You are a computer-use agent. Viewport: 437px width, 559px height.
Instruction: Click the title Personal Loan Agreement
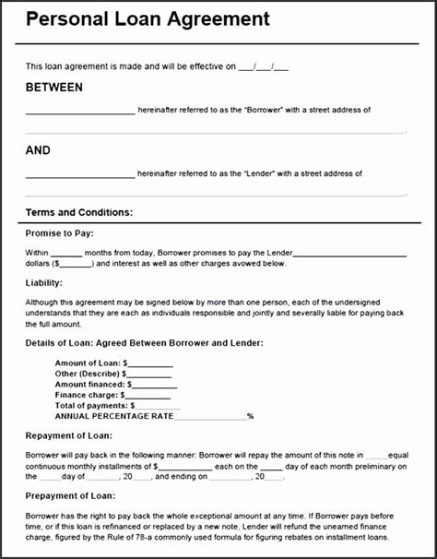[148, 19]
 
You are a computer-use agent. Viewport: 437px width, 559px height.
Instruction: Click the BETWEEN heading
[54, 88]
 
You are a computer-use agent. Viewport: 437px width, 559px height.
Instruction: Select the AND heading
[38, 150]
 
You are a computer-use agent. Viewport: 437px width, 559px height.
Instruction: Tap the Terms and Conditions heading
[79, 212]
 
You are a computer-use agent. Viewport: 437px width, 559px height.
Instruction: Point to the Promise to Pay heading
[60, 233]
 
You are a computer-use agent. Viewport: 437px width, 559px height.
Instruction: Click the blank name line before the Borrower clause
[79, 112]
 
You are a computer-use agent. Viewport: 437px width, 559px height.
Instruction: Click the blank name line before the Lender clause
[79, 174]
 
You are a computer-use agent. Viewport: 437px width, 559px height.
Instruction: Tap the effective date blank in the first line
[264, 67]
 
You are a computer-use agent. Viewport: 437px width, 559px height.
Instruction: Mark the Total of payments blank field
[158, 406]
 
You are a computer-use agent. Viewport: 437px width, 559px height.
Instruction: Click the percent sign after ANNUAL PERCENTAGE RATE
[250, 417]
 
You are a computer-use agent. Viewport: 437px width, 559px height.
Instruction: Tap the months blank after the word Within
[65, 253]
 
